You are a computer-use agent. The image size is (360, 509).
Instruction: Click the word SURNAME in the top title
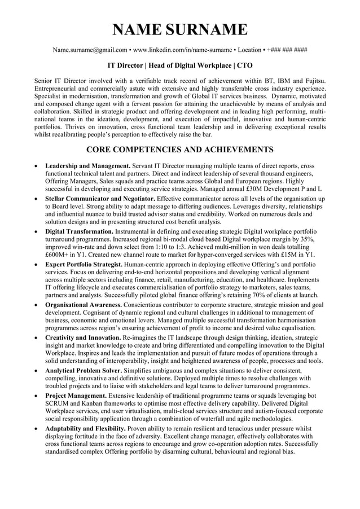207,29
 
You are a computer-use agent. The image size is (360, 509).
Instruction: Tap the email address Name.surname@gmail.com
90,50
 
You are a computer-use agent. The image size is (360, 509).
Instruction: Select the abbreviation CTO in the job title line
244,65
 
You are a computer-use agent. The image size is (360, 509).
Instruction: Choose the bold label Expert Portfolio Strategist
84,264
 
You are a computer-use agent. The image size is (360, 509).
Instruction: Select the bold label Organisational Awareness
84,305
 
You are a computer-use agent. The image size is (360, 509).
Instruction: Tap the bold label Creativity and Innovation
83,337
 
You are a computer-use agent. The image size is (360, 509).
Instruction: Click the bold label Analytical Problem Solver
84,370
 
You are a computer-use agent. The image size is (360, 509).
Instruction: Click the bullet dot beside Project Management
37,396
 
